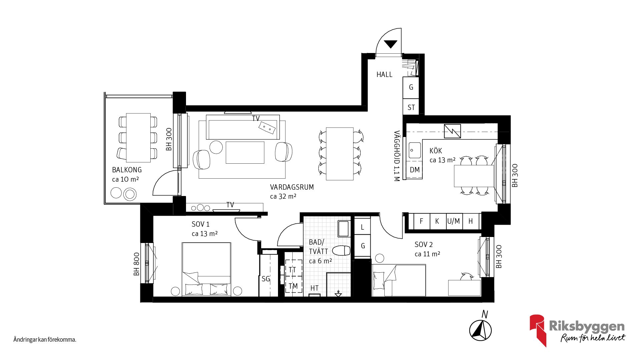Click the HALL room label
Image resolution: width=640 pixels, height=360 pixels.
click(384, 75)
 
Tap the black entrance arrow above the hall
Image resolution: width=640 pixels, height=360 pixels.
click(390, 44)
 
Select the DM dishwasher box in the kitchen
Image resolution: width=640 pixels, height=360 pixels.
click(414, 170)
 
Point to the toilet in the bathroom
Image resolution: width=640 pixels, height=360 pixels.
click(342, 250)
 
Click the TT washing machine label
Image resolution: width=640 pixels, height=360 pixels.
click(292, 270)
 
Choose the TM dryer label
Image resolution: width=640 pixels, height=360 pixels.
click(293, 286)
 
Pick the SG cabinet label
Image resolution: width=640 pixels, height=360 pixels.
click(266, 279)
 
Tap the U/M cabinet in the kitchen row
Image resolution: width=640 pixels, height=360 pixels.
click(454, 221)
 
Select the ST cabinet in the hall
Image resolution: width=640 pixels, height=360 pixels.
click(411, 107)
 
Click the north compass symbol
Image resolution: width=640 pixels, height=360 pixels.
click(480, 330)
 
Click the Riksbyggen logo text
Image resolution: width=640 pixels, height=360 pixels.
click(586, 326)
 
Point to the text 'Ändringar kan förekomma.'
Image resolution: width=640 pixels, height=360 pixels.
click(45, 340)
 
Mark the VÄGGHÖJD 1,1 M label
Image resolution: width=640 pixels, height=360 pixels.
click(397, 156)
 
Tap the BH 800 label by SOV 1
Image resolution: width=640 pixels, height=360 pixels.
click(136, 264)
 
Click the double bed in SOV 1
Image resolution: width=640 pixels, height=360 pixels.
click(206, 269)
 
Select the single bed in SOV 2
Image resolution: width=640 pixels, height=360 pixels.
click(399, 280)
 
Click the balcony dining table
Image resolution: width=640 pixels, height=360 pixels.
click(138, 137)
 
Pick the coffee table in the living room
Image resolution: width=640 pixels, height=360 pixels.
click(245, 152)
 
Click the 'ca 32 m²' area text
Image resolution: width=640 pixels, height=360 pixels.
click(283, 197)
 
